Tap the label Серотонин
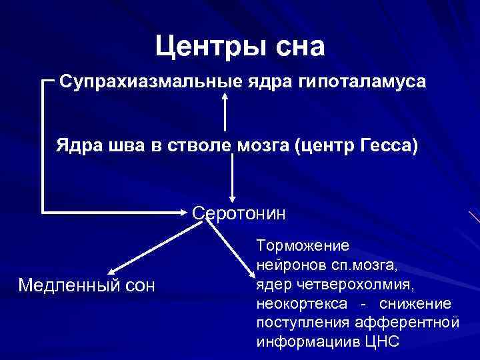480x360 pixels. point(239,214)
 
